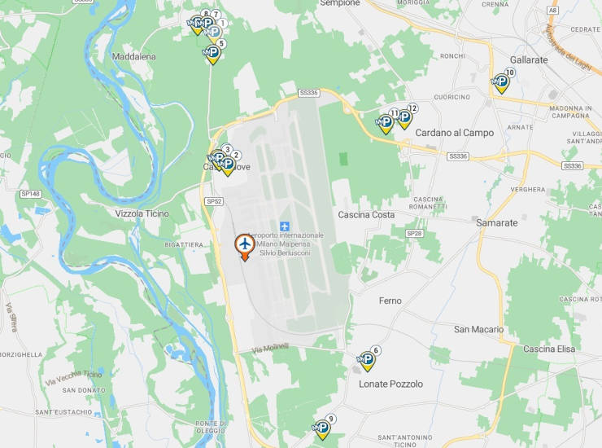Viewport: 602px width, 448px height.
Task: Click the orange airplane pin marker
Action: pyautogui.click(x=243, y=245)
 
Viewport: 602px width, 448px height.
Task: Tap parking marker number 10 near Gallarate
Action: pyautogui.click(x=502, y=81)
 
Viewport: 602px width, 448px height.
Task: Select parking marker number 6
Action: pyautogui.click(x=368, y=359)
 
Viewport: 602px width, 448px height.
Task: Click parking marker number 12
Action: pyautogui.click(x=404, y=117)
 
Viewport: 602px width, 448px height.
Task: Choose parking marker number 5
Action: pyautogui.click(x=213, y=53)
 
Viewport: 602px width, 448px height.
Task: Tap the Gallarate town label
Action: pyautogui.click(x=528, y=59)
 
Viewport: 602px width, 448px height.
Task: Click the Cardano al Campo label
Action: pyautogui.click(x=455, y=132)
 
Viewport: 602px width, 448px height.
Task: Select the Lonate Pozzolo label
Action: pyautogui.click(x=390, y=384)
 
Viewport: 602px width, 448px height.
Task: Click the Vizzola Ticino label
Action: pyautogui.click(x=142, y=213)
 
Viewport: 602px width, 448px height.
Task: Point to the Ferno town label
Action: pyautogui.click(x=390, y=301)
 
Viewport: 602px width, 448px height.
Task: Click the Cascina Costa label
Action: pyautogui.click(x=366, y=215)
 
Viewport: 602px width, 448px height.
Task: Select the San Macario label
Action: pyautogui.click(x=478, y=329)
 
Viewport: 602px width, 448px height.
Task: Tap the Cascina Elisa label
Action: pyautogui.click(x=549, y=349)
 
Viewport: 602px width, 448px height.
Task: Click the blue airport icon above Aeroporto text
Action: pyautogui.click(x=285, y=225)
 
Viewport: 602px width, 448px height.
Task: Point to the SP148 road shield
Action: pyautogui.click(x=30, y=194)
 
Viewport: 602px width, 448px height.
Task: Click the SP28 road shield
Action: pyautogui.click(x=414, y=233)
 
